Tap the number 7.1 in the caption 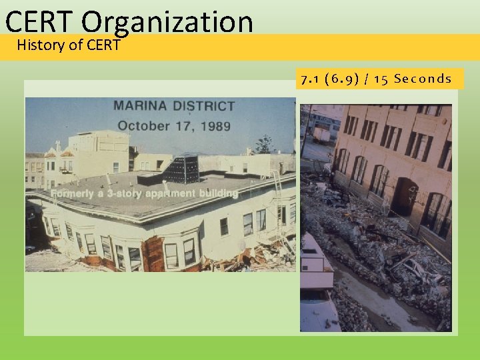pos(309,79)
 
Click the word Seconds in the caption pos(423,79)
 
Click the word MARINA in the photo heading pos(141,106)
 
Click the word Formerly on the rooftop pos(73,193)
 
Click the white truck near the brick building pos(321,135)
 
